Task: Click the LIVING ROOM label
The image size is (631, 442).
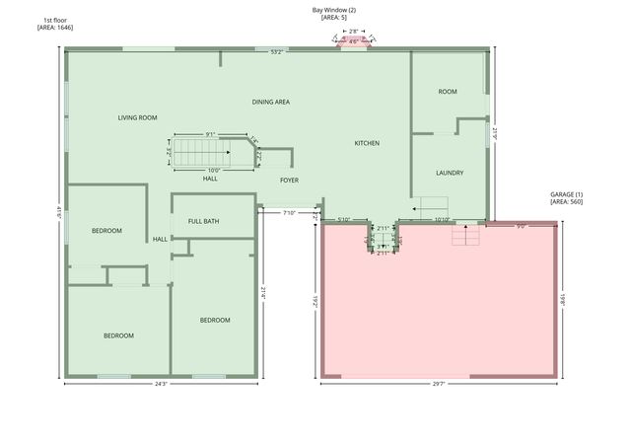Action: click(138, 118)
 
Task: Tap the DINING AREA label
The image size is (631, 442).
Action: click(270, 102)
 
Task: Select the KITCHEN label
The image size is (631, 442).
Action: click(367, 144)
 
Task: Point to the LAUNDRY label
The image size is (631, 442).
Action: click(450, 173)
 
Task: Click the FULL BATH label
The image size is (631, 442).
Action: click(204, 221)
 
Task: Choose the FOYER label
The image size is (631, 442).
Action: click(289, 181)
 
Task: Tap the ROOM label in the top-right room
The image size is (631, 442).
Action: click(448, 92)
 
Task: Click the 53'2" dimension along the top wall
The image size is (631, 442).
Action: click(278, 52)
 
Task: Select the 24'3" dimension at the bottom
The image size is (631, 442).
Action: click(162, 384)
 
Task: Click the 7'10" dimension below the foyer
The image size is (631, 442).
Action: click(290, 213)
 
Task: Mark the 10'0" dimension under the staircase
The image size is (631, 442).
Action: click(214, 170)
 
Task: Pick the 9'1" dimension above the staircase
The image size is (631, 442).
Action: click(211, 135)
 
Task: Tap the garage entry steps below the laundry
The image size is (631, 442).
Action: click(464, 237)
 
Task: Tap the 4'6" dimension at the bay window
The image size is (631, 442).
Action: click(353, 41)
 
